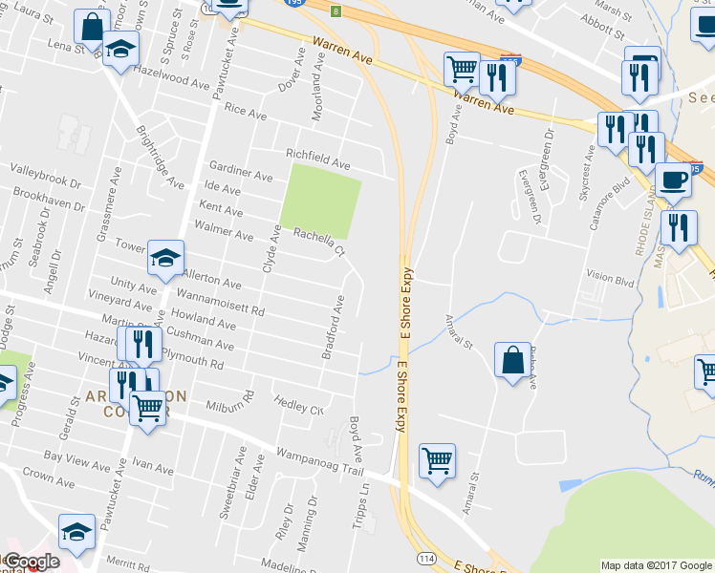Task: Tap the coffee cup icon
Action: (675, 180)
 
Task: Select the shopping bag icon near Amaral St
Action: (512, 360)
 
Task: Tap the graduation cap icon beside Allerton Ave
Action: (165, 257)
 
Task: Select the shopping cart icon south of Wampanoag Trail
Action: (437, 461)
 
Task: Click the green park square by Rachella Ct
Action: (320, 200)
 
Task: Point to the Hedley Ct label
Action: (298, 405)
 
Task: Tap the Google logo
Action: (32, 562)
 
